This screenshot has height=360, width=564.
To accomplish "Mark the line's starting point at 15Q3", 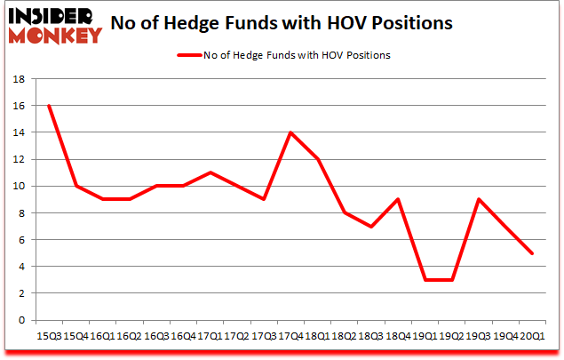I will point(49,105).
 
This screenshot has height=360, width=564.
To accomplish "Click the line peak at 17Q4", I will point(290,132).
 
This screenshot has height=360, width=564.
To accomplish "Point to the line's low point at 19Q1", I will point(425,279).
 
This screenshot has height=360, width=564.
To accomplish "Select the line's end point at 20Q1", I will point(533,252).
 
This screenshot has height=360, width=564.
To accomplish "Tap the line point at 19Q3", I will point(480,199).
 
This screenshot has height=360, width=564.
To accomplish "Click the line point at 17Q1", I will point(210,172).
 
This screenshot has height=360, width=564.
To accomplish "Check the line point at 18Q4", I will point(399,199).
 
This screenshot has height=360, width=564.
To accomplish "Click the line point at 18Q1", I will point(318,159).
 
